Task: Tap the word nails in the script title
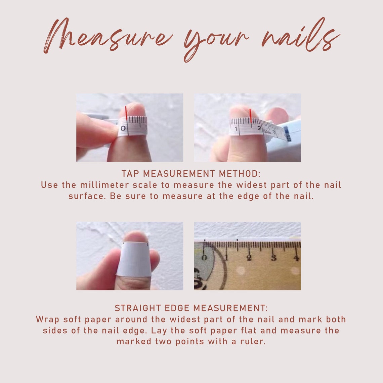click(300, 35)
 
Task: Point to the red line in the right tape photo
click(250, 116)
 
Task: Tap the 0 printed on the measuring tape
click(123, 128)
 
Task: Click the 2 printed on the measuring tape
click(259, 128)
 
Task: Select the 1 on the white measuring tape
click(236, 128)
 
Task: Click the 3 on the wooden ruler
click(273, 258)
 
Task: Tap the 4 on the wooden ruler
click(296, 258)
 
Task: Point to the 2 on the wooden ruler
click(249, 258)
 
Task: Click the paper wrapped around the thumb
click(134, 259)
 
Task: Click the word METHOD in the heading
click(240, 174)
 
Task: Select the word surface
click(87, 196)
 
